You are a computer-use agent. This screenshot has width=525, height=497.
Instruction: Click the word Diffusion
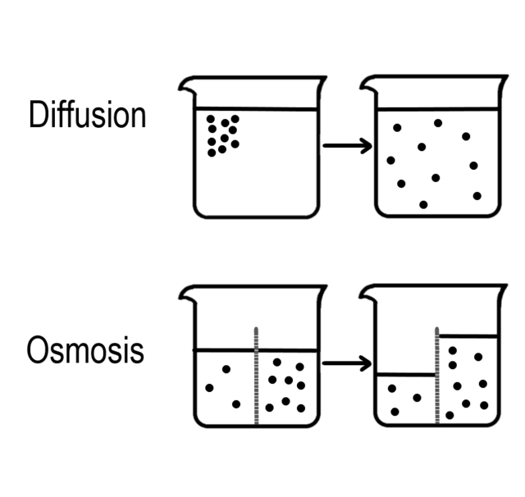pyautogui.click(x=88, y=114)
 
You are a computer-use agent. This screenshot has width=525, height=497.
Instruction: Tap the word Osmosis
pyautogui.click(x=85, y=349)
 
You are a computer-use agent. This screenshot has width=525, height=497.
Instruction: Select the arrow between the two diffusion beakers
pyautogui.click(x=348, y=146)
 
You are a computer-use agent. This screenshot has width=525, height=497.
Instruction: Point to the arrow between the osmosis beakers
pyautogui.click(x=347, y=363)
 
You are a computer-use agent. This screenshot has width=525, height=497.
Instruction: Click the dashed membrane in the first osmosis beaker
pyautogui.click(x=256, y=376)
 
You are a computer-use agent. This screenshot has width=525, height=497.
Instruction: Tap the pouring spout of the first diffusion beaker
pyautogui.click(x=186, y=86)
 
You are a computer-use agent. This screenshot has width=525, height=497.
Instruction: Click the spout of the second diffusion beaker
pyautogui.click(x=368, y=85)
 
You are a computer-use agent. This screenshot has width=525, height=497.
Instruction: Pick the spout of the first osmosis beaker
pyautogui.click(x=187, y=295)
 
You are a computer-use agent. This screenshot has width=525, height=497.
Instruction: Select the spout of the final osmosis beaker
pyautogui.click(x=367, y=294)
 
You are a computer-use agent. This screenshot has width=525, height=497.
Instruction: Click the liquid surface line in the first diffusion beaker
pyautogui.click(x=256, y=109)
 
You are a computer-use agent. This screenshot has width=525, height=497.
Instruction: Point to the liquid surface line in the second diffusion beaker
pyautogui.click(x=438, y=109)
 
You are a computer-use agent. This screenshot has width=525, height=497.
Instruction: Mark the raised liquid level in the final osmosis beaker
pyautogui.click(x=468, y=335)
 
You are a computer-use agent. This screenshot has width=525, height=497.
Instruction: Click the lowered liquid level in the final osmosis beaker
pyautogui.click(x=406, y=374)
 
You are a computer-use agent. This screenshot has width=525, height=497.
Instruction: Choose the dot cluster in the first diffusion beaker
pyautogui.click(x=223, y=135)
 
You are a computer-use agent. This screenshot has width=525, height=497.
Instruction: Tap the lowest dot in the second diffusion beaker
pyautogui.click(x=423, y=204)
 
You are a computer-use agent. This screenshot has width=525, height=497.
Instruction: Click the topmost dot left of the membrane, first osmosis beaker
pyautogui.click(x=226, y=369)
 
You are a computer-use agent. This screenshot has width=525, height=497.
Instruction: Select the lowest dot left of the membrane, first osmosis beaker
pyautogui.click(x=236, y=404)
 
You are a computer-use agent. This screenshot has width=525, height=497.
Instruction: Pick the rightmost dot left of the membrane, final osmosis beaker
pyautogui.click(x=417, y=398)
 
